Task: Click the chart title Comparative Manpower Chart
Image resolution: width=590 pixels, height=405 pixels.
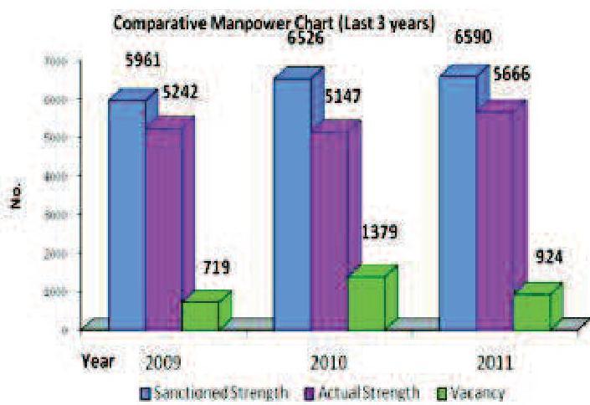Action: (x=274, y=24)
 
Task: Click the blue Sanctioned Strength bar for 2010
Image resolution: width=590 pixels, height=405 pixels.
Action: (x=290, y=201)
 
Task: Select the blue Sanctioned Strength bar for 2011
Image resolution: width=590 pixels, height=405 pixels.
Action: (x=456, y=201)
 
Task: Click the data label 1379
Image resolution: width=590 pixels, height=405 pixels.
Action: (x=377, y=230)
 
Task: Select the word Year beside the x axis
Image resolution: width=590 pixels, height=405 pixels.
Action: (x=98, y=362)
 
